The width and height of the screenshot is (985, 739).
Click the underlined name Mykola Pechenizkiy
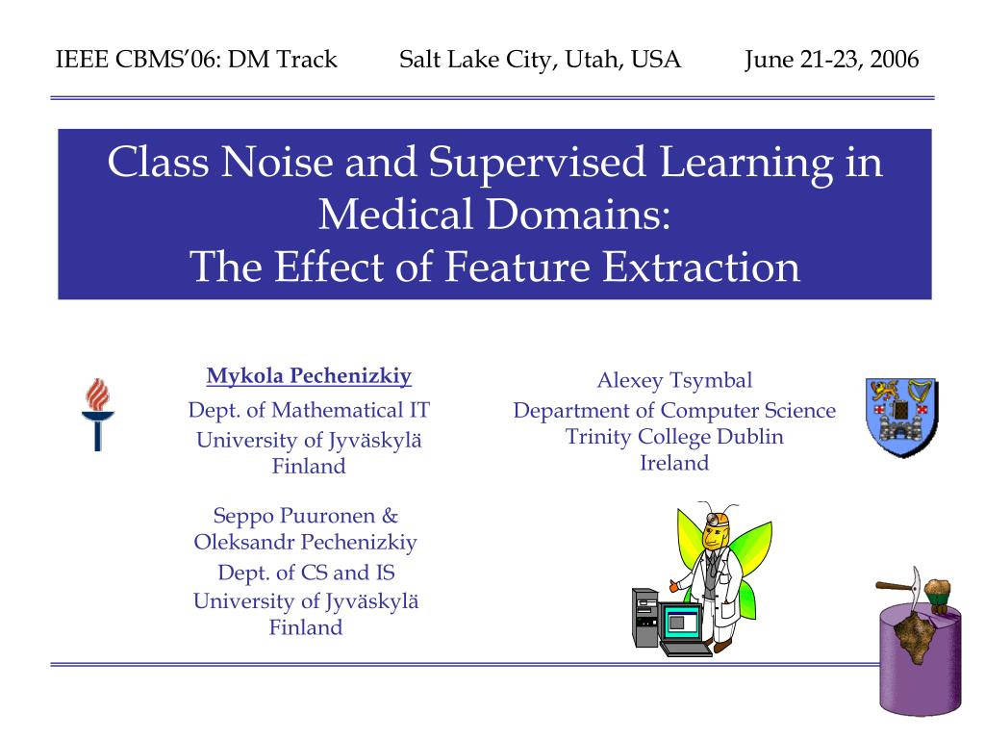[309, 376]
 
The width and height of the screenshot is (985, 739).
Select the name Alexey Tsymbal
[674, 381]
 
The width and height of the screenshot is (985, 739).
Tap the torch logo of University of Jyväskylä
[97, 414]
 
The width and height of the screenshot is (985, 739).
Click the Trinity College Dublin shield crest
[901, 417]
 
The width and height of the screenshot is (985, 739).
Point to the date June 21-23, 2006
[832, 60]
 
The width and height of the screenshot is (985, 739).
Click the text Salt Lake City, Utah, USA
[540, 60]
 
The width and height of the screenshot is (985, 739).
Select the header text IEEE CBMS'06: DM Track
[196, 59]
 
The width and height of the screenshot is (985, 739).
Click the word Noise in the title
[276, 162]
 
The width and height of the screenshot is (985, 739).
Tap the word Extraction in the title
[701, 267]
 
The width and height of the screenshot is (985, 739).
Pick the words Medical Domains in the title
[494, 215]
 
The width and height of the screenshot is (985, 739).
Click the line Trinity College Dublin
[674, 437]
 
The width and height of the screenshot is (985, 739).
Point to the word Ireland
[674, 463]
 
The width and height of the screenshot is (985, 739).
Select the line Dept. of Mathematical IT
[309, 410]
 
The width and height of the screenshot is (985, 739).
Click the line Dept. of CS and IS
[306, 573]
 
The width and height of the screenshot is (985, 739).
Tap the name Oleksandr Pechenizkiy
[305, 543]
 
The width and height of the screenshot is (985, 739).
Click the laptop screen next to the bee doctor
[680, 622]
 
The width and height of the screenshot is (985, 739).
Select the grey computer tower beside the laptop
[645, 619]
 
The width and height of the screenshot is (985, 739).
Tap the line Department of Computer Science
[674, 411]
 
